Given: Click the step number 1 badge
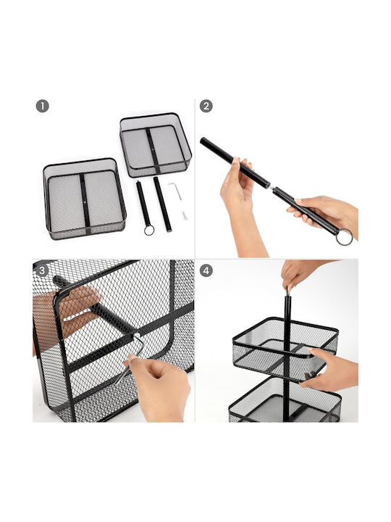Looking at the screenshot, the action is [42, 107].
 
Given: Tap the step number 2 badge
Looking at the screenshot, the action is [206, 107].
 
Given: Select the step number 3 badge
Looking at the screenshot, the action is [42, 270].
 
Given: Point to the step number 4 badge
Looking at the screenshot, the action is [206, 270].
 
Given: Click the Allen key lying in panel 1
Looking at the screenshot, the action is [175, 191].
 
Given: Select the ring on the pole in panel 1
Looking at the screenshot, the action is [149, 231].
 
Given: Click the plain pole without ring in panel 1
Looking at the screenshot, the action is [163, 204].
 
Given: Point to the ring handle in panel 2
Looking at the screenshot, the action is [344, 237].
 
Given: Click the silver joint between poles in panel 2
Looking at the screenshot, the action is [272, 188].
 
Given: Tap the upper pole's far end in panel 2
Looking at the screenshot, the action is [203, 140].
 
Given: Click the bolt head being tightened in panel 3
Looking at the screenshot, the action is [136, 336].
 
